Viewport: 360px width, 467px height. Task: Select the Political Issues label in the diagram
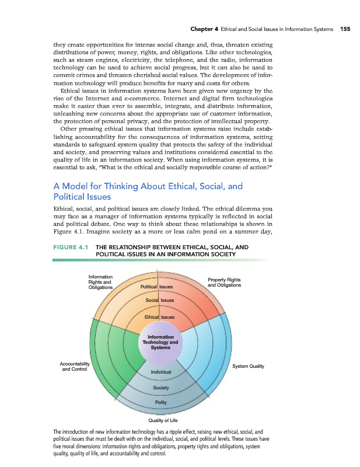point(156,287)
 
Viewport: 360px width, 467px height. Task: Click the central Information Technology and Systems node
point(160,341)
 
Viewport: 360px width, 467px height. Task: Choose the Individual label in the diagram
point(160,372)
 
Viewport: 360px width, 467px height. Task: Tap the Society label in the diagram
point(160,388)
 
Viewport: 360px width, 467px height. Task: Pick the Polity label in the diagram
point(160,403)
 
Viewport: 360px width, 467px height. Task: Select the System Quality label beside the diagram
point(248,367)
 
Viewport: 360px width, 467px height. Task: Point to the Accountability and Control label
point(74,367)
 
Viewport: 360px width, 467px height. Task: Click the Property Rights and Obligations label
point(224,283)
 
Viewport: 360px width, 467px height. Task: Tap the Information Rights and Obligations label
point(101,282)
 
